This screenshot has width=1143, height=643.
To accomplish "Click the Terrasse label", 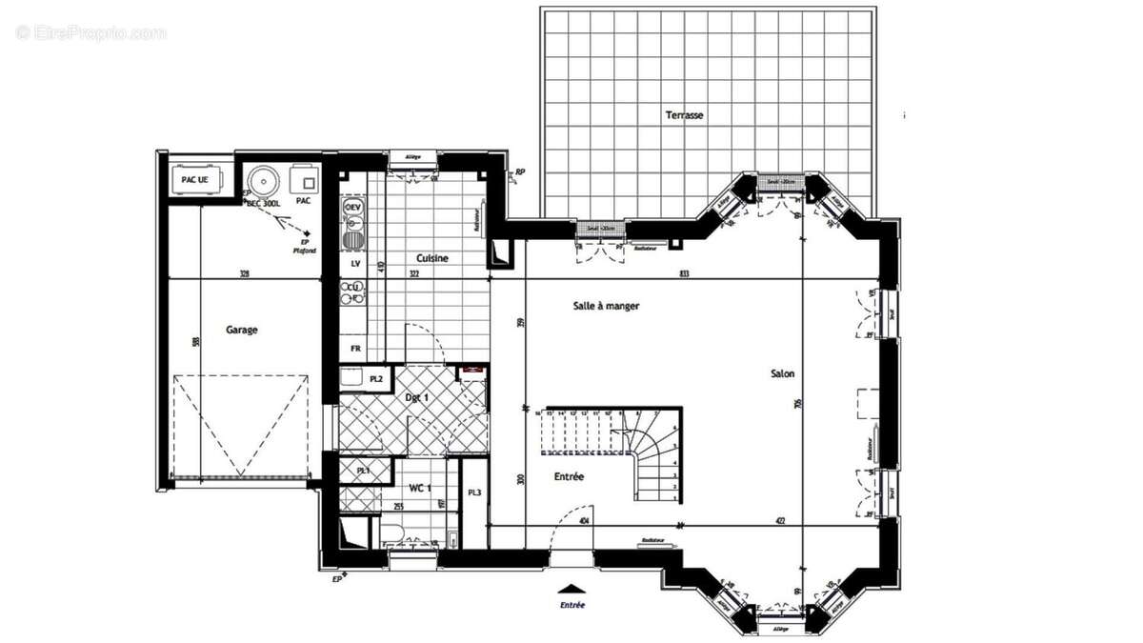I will (x=684, y=115).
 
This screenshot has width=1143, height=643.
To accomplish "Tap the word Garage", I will (x=241, y=330).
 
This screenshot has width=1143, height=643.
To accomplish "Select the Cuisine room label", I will (x=431, y=258).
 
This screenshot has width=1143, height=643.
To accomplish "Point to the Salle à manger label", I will (x=606, y=306).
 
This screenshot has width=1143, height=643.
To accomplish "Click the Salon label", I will (x=782, y=374).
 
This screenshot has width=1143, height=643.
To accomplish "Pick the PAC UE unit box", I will (x=194, y=179).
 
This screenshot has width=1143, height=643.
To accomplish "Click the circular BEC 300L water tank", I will (x=259, y=180).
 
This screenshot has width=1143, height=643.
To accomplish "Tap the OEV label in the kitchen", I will (x=352, y=207).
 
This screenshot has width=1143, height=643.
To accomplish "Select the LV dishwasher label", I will (x=354, y=263).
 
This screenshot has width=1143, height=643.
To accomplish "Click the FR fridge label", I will (x=354, y=349).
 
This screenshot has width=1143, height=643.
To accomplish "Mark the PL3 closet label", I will (x=473, y=492).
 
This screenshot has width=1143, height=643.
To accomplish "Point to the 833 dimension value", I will (x=684, y=274).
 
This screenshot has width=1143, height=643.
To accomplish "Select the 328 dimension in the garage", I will (x=244, y=274).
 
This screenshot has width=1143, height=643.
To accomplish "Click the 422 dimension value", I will (x=778, y=521).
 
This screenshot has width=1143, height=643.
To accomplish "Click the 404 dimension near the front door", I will (x=583, y=521).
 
